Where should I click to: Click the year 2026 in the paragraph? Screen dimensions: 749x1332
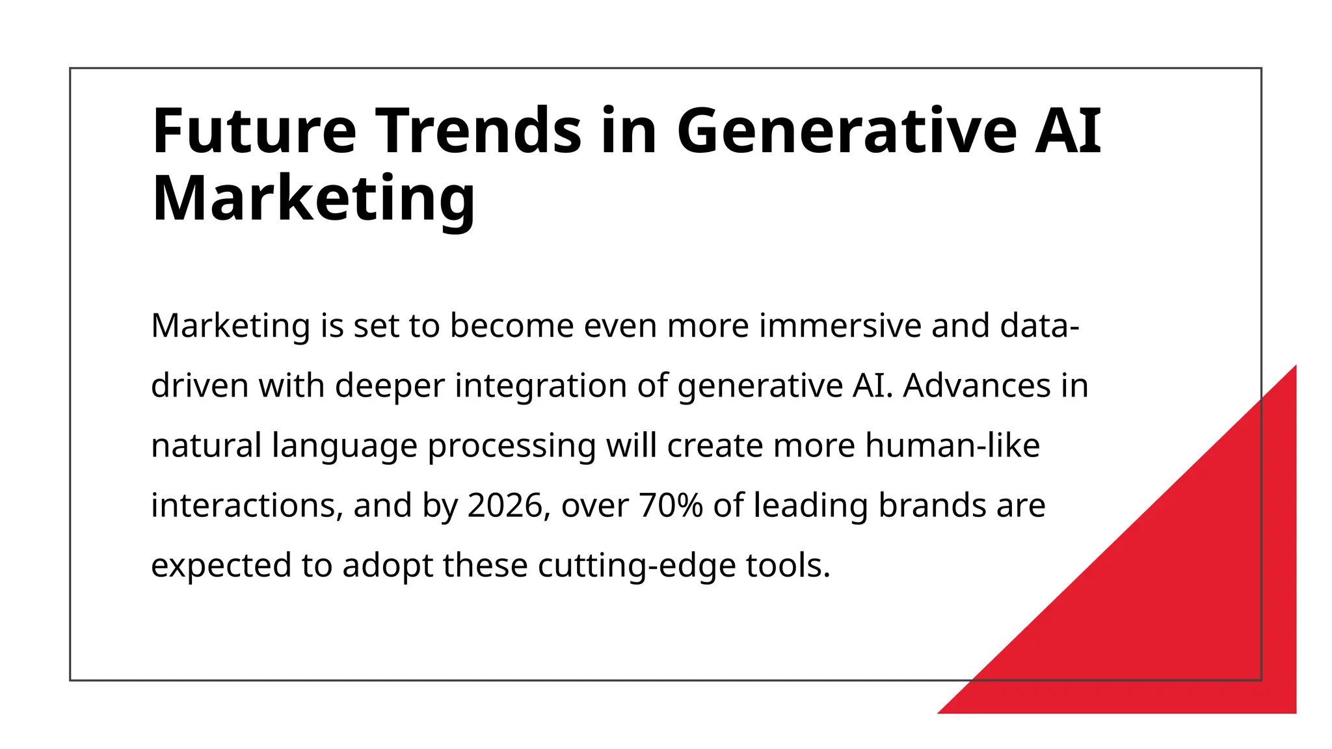(505, 505)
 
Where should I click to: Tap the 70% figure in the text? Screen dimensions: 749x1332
(671, 505)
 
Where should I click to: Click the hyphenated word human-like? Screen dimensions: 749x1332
(952, 445)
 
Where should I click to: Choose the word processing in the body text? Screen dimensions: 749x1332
(511, 447)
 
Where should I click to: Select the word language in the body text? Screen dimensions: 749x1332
(344, 447)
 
